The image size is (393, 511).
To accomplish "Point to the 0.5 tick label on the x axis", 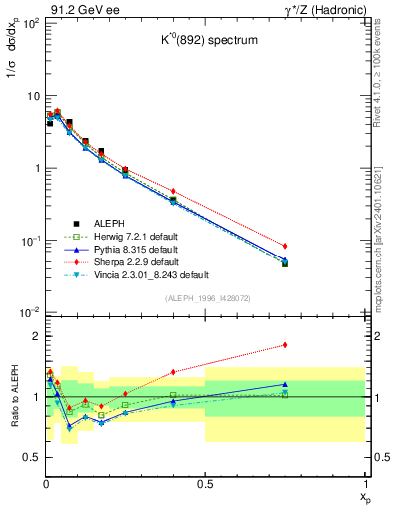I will pos(205,484).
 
